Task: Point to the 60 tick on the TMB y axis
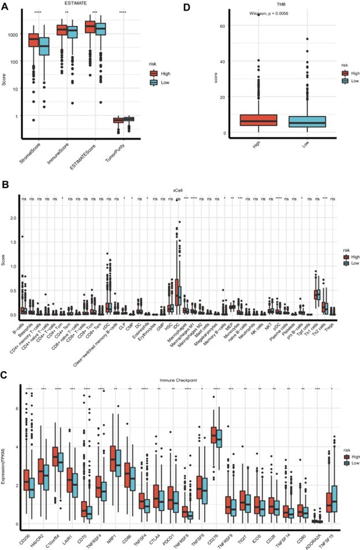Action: [222, 25]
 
